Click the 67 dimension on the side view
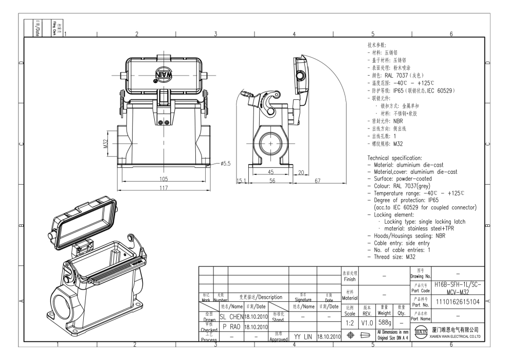pos(318,181)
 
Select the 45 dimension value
pos(271,172)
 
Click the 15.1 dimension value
pos(242,181)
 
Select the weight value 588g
pos(384,321)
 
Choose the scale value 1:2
pos(349,321)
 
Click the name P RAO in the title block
pos(232,326)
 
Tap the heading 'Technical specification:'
pos(394,157)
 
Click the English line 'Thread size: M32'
pos(394,256)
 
